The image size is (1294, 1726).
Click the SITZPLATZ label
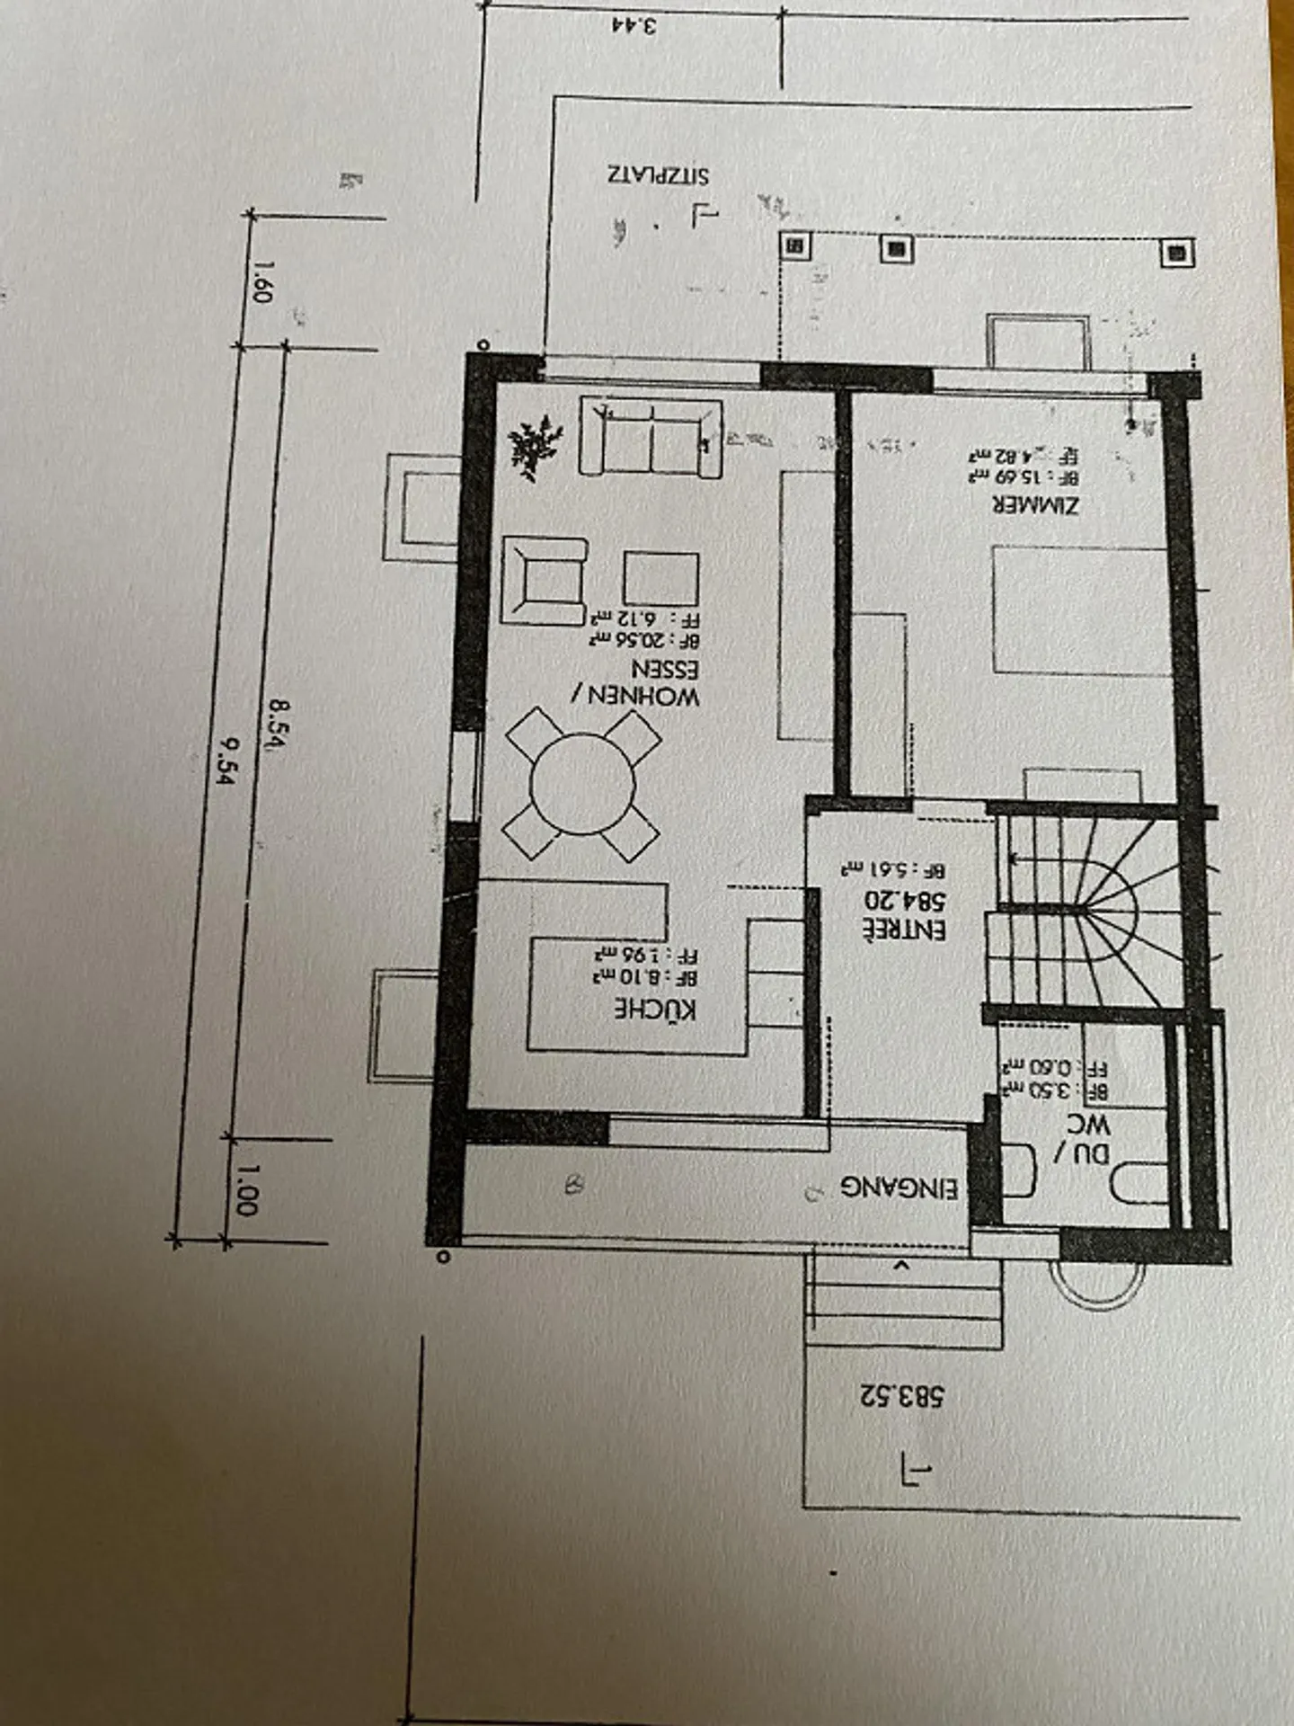tap(657, 174)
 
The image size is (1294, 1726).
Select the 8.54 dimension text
tap(276, 725)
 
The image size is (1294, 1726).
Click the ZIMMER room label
tap(1035, 504)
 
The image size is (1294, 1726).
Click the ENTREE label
tap(904, 930)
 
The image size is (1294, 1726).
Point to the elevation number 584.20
tap(904, 899)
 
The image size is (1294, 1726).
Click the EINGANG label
tap(899, 1188)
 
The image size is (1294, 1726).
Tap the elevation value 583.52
tap(901, 1396)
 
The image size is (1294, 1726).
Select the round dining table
tap(582, 784)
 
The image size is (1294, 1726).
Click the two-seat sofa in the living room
tap(650, 438)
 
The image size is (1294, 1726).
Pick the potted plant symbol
tap(534, 445)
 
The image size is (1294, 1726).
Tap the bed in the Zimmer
tap(1078, 609)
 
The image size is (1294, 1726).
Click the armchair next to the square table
tap(544, 580)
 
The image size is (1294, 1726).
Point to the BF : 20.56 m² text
tap(644, 639)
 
